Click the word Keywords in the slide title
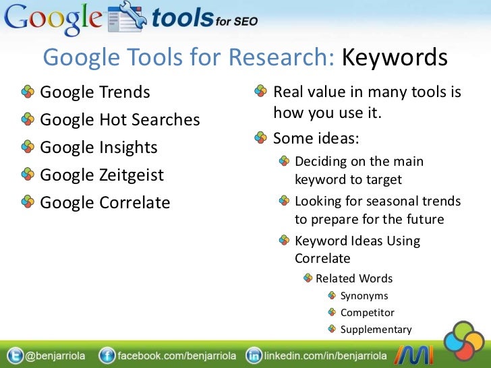[395, 58]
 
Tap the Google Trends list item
[95, 92]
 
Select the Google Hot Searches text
[120, 120]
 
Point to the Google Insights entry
[98, 148]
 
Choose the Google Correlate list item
[105, 203]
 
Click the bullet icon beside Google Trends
[28, 92]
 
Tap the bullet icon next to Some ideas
[260, 139]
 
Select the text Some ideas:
[316, 139]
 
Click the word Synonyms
[364, 295]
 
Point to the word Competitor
[368, 313]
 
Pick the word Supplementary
[376, 330]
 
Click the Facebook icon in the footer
[106, 356]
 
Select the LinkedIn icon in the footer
[254, 356]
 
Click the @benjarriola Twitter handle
[55, 356]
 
